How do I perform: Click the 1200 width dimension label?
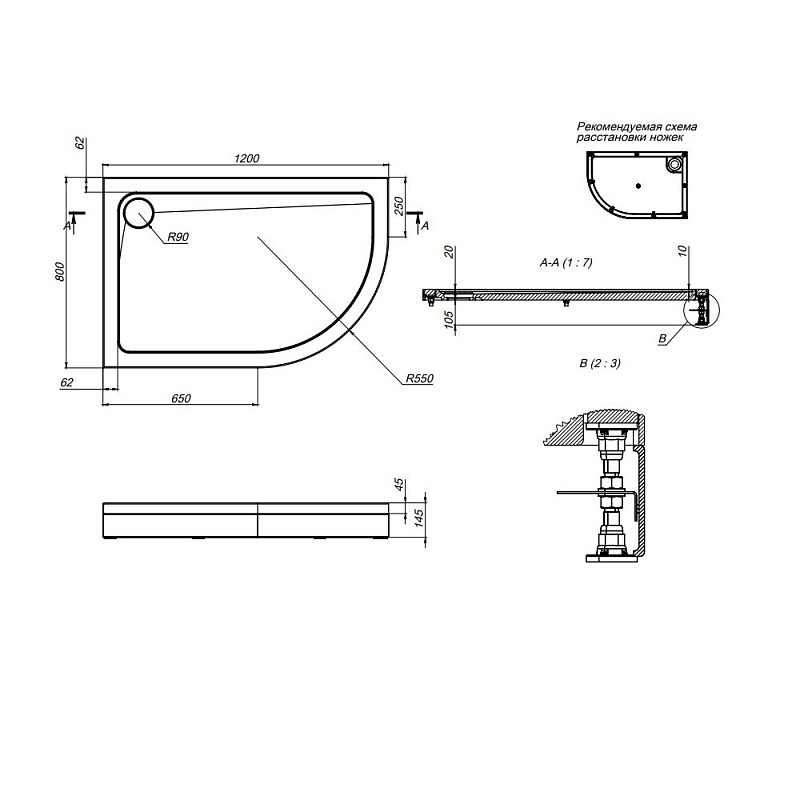(247, 158)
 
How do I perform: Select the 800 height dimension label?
(59, 271)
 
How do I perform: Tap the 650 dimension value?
(180, 398)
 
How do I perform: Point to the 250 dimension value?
(398, 206)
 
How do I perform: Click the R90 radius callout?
(179, 237)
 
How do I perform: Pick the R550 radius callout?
(419, 379)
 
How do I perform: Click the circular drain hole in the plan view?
(138, 212)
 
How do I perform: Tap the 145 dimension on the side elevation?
(400, 519)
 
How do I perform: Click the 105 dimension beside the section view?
(450, 319)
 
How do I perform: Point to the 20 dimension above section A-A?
(450, 252)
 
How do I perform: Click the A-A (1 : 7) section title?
(566, 263)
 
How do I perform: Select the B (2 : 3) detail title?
(599, 362)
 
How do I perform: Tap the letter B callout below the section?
(662, 340)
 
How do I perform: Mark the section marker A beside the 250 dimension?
(425, 227)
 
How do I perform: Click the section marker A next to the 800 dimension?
(67, 227)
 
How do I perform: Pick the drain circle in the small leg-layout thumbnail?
(676, 161)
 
